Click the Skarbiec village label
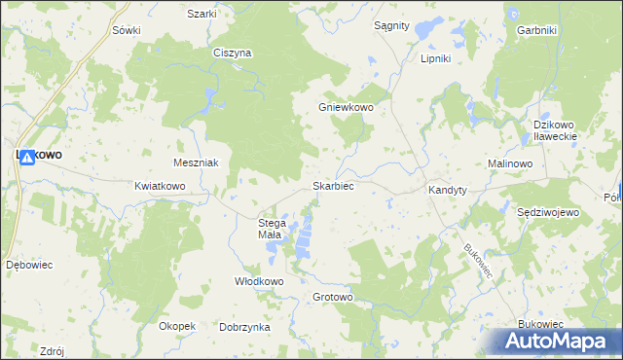tap(332, 185)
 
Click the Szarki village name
tap(202, 14)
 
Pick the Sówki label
tap(127, 30)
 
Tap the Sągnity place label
tap(391, 26)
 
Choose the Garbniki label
tap(536, 30)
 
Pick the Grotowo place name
tap(332, 297)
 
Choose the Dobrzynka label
tap(244, 328)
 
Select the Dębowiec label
tap(27, 264)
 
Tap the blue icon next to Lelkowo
tap(28, 156)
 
